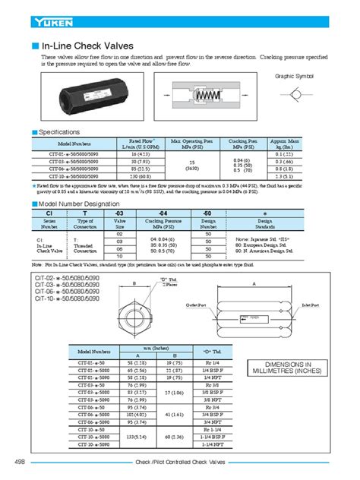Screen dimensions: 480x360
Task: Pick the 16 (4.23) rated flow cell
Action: click(138, 153)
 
